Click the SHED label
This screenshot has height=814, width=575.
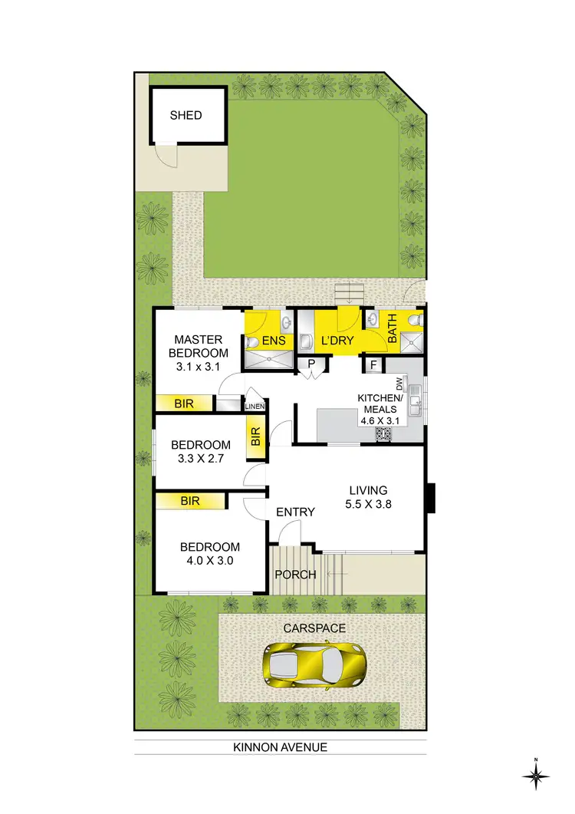[x=186, y=115]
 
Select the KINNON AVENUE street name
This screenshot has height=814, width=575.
[x=281, y=746]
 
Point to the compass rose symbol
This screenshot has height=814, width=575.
[x=536, y=776]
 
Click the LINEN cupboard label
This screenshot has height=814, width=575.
[x=255, y=406]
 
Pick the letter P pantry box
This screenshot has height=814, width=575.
[x=311, y=364]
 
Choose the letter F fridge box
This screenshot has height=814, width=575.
[x=373, y=364]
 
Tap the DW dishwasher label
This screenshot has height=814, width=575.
[x=399, y=384]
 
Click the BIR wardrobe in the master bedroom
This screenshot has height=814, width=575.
[x=183, y=403]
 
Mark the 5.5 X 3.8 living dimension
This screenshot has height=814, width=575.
[x=369, y=506]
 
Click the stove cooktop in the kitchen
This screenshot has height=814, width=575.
[x=383, y=435]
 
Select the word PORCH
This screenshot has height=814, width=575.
[x=296, y=575]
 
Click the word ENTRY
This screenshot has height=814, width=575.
[x=295, y=512]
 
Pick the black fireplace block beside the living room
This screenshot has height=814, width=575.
[x=431, y=497]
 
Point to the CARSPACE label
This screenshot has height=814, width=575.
[x=314, y=628]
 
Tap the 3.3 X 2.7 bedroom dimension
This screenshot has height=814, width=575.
[x=200, y=460]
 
